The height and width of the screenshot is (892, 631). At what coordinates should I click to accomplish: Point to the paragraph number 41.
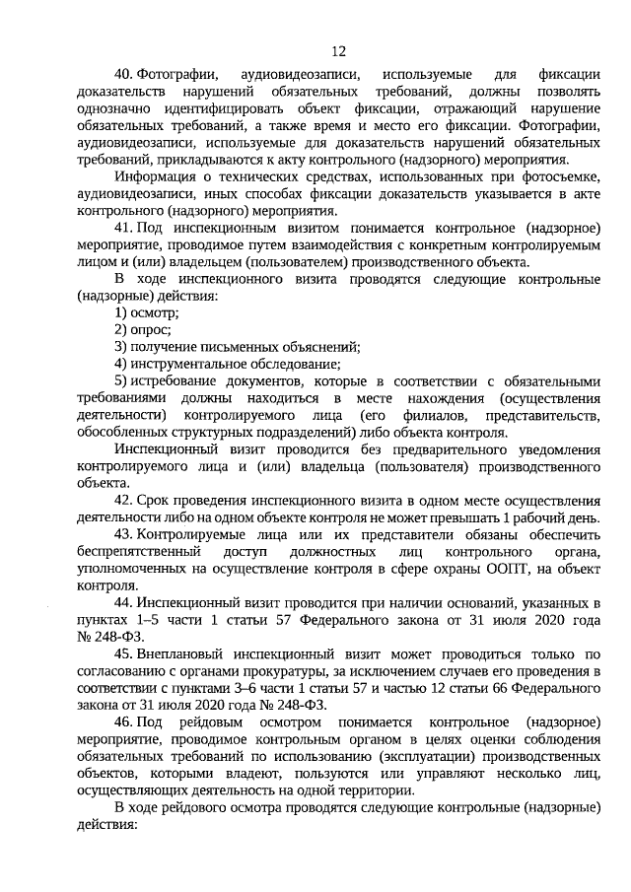124,227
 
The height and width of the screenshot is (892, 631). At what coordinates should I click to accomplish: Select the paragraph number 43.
124,533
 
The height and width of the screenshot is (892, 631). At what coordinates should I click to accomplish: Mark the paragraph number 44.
124,601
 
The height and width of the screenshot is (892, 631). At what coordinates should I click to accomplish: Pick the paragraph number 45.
124,653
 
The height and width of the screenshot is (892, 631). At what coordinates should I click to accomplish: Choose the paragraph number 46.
124,722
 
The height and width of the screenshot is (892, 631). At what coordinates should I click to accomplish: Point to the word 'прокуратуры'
257,671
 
